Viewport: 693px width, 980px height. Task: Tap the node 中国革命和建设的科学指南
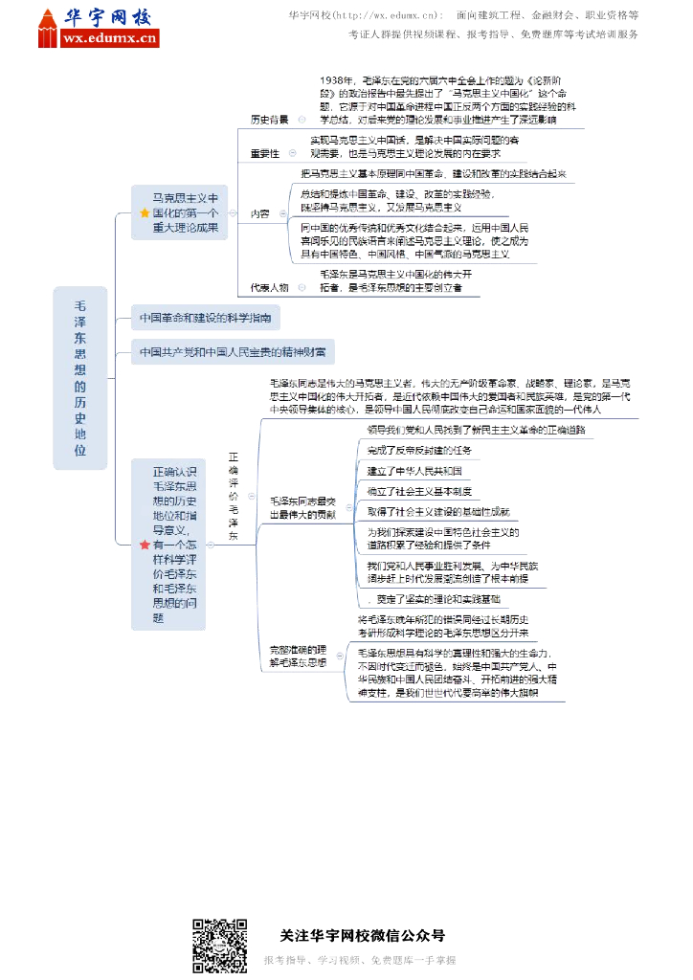pos(206,317)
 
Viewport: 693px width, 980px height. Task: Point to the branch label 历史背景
pos(269,120)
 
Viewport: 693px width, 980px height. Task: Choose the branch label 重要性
pos(264,153)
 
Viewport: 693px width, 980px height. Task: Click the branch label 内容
pos(259,212)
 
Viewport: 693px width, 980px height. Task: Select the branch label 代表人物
pos(269,286)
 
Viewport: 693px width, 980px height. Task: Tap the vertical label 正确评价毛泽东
pos(233,496)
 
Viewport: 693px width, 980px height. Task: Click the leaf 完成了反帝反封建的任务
pos(419,450)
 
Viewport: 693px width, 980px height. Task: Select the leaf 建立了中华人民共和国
pos(414,471)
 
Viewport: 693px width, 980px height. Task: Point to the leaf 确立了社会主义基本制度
pos(419,492)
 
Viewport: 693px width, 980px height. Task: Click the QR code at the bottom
pos(220,946)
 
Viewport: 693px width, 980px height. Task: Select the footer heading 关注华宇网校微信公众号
pos(362,936)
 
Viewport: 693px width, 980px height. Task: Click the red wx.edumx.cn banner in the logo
pos(108,38)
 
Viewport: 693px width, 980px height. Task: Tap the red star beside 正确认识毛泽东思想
pos(145,545)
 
